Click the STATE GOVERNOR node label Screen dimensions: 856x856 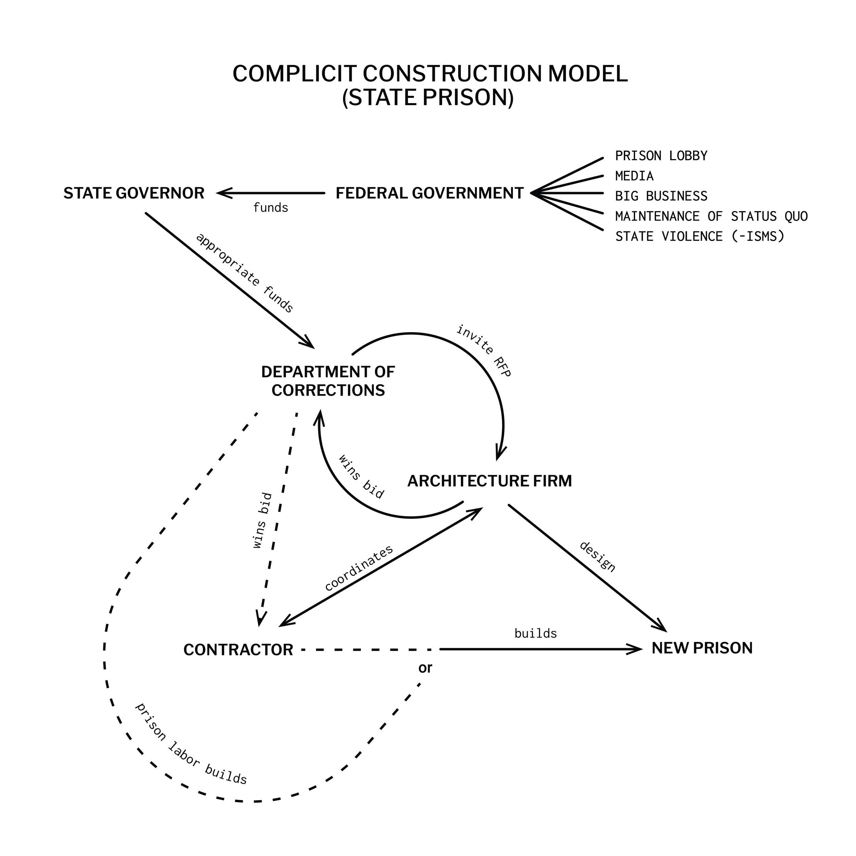[134, 193]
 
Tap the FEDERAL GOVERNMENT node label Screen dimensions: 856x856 [429, 193]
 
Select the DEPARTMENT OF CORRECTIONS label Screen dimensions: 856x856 [328, 381]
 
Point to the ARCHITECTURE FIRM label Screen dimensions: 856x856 [490, 481]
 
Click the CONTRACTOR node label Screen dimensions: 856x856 [238, 650]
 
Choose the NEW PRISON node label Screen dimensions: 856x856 [702, 648]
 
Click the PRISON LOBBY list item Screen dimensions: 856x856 [661, 156]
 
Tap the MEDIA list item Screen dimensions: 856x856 [634, 176]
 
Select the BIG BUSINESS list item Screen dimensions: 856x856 [661, 196]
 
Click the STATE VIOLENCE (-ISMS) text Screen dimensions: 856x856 [700, 236]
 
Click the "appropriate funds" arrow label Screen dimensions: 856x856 [244, 273]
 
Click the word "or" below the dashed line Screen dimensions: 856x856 [425, 668]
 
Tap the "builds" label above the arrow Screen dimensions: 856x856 [535, 633]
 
